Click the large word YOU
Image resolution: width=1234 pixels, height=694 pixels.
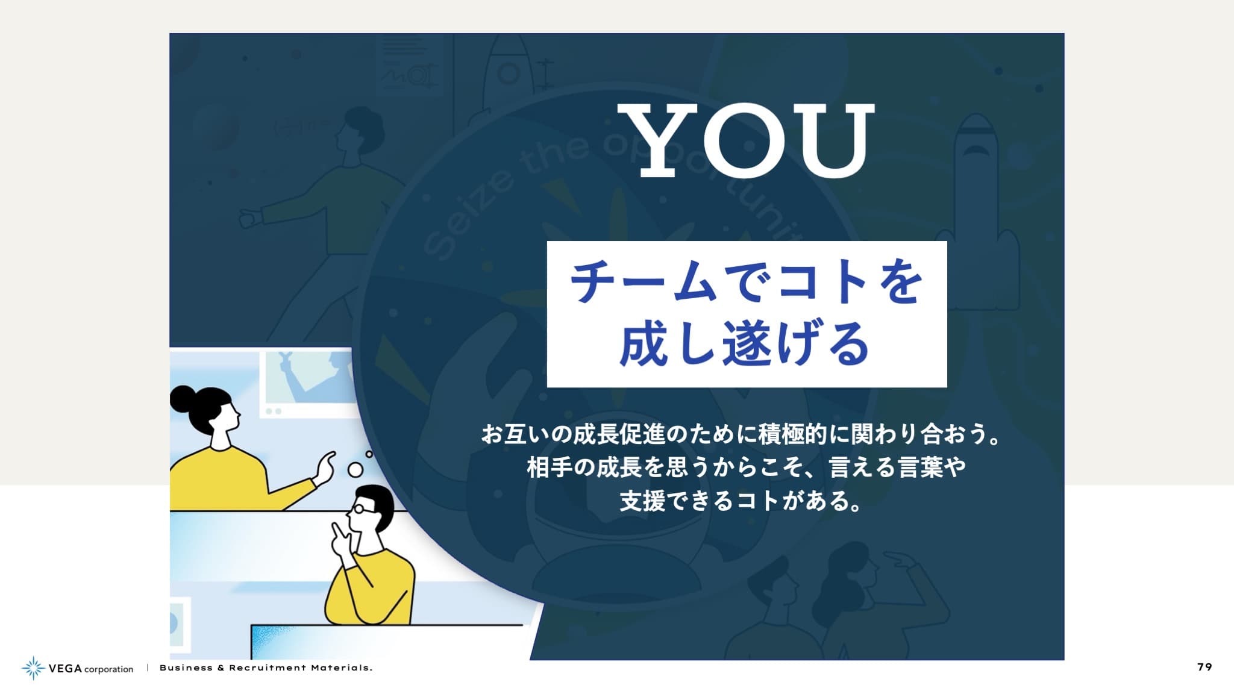coord(746,140)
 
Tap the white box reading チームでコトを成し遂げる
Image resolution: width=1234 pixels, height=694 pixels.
coord(747,314)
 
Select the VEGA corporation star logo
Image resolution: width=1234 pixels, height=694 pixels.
coord(33,668)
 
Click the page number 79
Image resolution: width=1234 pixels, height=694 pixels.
coord(1204,667)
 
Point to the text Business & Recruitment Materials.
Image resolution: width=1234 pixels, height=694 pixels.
coord(266,667)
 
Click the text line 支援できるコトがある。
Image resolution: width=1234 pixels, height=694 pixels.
coord(741,501)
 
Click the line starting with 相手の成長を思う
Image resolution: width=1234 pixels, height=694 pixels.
coord(746,467)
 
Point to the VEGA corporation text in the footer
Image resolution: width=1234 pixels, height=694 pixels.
coord(91,669)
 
